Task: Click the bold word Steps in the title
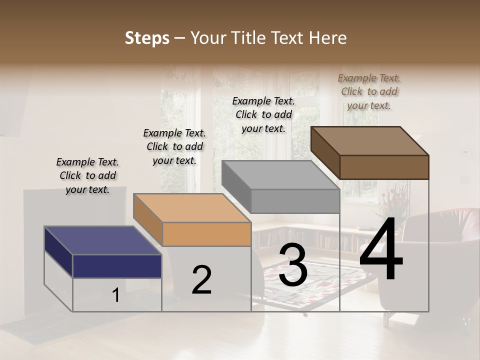click(x=147, y=38)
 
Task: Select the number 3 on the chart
click(x=293, y=265)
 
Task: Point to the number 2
click(x=201, y=280)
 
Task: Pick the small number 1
click(x=116, y=295)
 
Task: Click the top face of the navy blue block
click(x=102, y=240)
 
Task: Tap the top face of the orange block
click(x=191, y=208)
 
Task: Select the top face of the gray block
click(x=280, y=175)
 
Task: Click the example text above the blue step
click(x=87, y=175)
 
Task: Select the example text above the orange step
click(x=174, y=146)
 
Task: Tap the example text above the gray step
click(x=263, y=114)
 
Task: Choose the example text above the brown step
click(x=369, y=91)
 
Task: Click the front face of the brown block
click(x=384, y=167)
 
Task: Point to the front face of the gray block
click(x=295, y=201)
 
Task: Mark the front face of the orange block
click(x=206, y=234)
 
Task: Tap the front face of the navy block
click(x=117, y=266)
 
